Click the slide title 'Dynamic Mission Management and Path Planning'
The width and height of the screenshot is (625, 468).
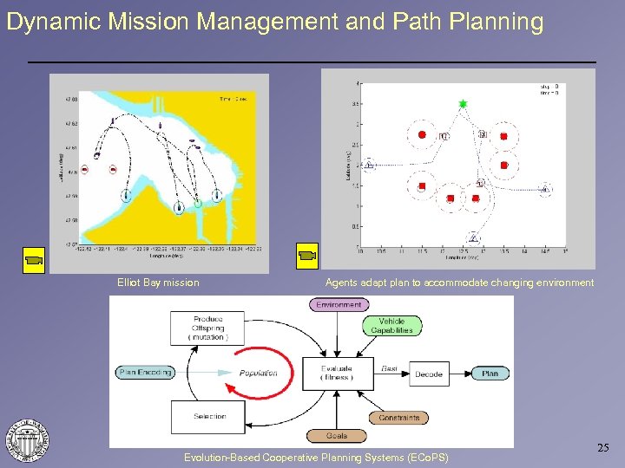pyautogui.click(x=274, y=22)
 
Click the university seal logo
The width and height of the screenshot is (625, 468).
pyautogui.click(x=28, y=440)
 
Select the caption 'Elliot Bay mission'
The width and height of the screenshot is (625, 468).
pyautogui.click(x=158, y=283)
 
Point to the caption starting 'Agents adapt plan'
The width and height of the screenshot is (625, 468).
pyautogui.click(x=459, y=283)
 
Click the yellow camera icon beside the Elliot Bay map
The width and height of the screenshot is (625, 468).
pyautogui.click(x=34, y=258)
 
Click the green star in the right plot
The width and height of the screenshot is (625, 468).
pyautogui.click(x=463, y=104)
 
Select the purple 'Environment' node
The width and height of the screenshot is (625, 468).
pyautogui.click(x=339, y=305)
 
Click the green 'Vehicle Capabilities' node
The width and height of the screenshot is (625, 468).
pyautogui.click(x=391, y=326)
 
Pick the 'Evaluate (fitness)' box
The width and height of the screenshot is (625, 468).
pyautogui.click(x=337, y=373)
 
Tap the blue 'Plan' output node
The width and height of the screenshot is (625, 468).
pyautogui.click(x=490, y=374)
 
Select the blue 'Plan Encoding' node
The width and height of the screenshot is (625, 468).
pyautogui.click(x=144, y=373)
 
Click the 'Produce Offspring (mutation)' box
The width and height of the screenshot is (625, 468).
pyautogui.click(x=207, y=328)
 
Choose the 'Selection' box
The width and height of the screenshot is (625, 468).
pyautogui.click(x=208, y=417)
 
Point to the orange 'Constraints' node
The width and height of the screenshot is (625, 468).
pyautogui.click(x=398, y=418)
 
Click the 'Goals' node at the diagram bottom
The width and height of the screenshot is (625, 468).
pyautogui.click(x=337, y=436)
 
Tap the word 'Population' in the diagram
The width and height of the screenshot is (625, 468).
pyautogui.click(x=259, y=373)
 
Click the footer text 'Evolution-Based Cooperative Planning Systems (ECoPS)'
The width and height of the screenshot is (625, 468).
pyautogui.click(x=316, y=457)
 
